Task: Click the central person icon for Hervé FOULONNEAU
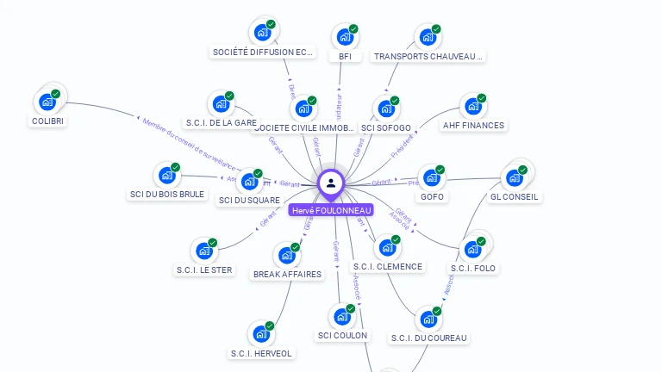331,183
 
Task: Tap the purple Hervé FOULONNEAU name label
331,210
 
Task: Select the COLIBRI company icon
47,102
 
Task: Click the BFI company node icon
345,37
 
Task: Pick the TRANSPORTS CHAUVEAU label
428,57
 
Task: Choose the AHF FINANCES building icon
473,107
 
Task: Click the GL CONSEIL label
514,196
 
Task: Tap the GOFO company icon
432,178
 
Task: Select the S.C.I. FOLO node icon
472,250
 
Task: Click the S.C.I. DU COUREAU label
428,338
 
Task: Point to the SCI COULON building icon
342,317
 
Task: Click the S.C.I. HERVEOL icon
261,334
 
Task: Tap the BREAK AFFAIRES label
287,275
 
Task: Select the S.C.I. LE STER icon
204,251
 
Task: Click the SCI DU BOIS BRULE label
167,195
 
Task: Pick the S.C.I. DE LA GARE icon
222,104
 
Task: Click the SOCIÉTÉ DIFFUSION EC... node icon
263,33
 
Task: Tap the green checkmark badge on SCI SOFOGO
395,101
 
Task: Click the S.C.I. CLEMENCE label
388,267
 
